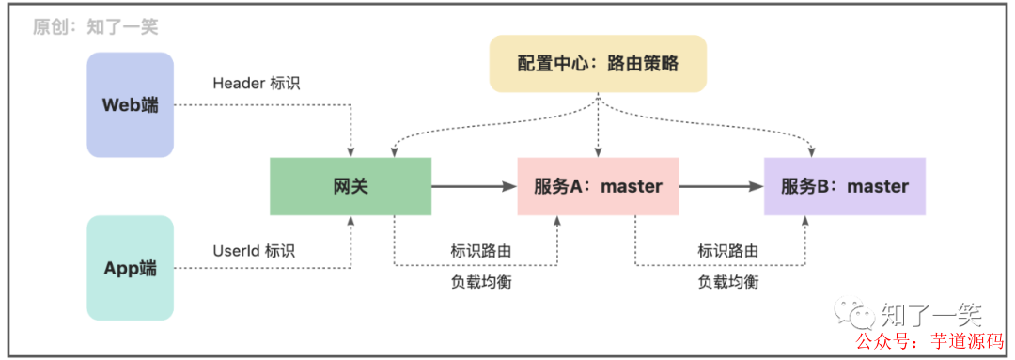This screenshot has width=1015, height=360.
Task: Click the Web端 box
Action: (x=130, y=104)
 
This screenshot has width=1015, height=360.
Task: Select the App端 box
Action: (x=130, y=268)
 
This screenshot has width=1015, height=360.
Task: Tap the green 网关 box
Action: (x=350, y=186)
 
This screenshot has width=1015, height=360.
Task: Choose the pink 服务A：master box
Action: (x=598, y=186)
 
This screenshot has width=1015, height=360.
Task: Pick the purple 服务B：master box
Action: (x=844, y=186)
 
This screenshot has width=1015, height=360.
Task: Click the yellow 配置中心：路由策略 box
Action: (x=598, y=64)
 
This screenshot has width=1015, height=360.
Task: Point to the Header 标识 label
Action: (x=257, y=83)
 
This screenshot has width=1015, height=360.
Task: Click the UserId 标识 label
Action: (x=254, y=251)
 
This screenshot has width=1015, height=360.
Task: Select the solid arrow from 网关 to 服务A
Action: (x=474, y=187)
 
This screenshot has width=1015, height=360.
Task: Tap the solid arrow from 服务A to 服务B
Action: (x=720, y=187)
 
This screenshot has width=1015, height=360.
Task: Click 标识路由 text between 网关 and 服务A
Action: (x=481, y=251)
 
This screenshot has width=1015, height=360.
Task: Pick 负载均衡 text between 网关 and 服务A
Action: (x=481, y=281)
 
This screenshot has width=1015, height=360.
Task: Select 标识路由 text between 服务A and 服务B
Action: (x=727, y=251)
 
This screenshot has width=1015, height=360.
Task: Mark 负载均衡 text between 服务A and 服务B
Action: (x=727, y=281)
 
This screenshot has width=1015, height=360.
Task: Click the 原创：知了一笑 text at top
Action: (x=95, y=26)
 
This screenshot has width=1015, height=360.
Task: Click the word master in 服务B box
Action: (x=878, y=186)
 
